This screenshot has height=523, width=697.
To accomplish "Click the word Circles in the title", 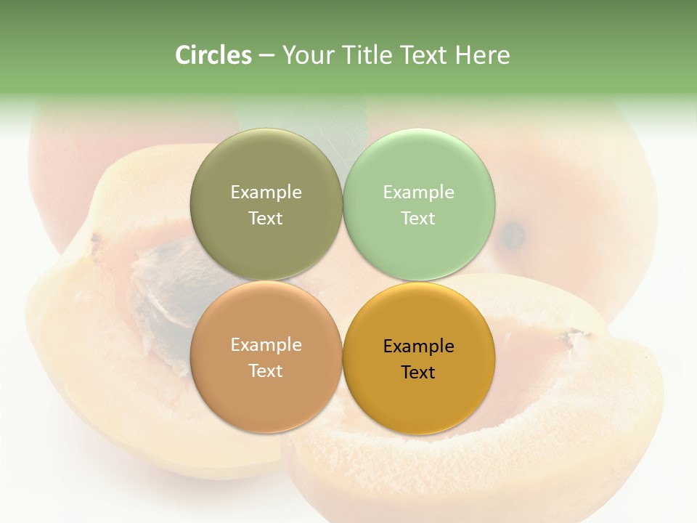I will pyautogui.click(x=213, y=55).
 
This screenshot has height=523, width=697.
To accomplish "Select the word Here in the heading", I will pyautogui.click(x=483, y=55).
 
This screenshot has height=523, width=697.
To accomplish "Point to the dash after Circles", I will pyautogui.click(x=266, y=56).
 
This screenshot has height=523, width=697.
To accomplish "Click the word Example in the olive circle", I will pyautogui.click(x=266, y=192).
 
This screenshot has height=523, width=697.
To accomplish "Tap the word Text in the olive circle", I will pyautogui.click(x=266, y=218).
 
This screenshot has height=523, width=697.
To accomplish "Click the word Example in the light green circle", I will pyautogui.click(x=419, y=192).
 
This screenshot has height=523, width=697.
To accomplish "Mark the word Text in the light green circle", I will pyautogui.click(x=419, y=218).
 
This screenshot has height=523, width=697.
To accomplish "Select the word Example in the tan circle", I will pyautogui.click(x=266, y=345).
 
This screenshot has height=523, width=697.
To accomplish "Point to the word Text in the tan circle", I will pyautogui.click(x=266, y=370).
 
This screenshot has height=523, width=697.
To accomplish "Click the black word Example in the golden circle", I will pyautogui.click(x=419, y=346).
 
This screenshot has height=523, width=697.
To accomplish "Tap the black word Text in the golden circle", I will pyautogui.click(x=419, y=373).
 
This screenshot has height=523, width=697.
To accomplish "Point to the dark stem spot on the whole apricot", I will pyautogui.click(x=513, y=233).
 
